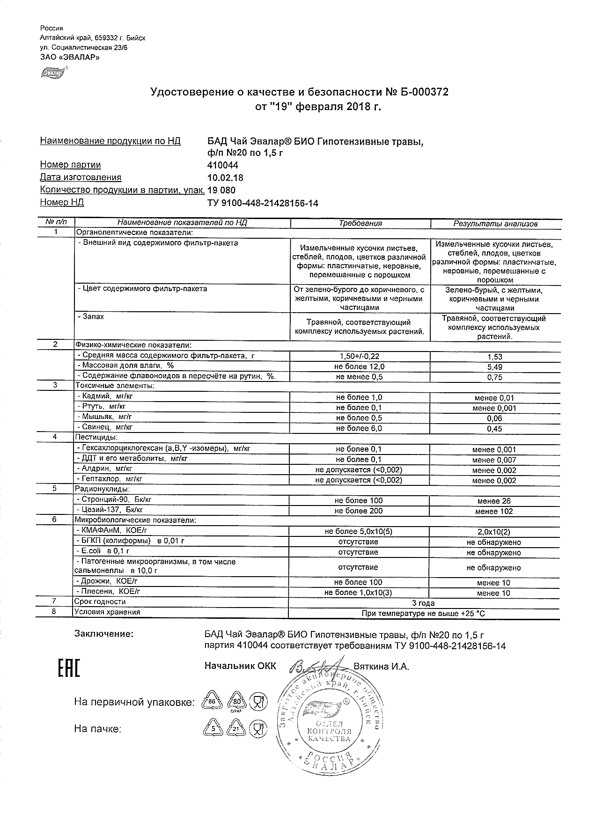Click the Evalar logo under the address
point(52,73)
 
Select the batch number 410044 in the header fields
point(223,165)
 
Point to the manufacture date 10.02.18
point(225,178)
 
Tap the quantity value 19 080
point(221,191)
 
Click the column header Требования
point(360,224)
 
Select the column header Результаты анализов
point(495,224)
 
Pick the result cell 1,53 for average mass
point(494,357)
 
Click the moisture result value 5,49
point(494,367)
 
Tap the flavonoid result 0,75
point(494,377)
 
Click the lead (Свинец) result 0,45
point(494,429)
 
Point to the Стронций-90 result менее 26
point(494,501)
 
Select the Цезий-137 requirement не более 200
point(359,511)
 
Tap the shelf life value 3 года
point(423,603)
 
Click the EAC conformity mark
point(68,668)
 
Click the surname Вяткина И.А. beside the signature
point(381,667)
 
